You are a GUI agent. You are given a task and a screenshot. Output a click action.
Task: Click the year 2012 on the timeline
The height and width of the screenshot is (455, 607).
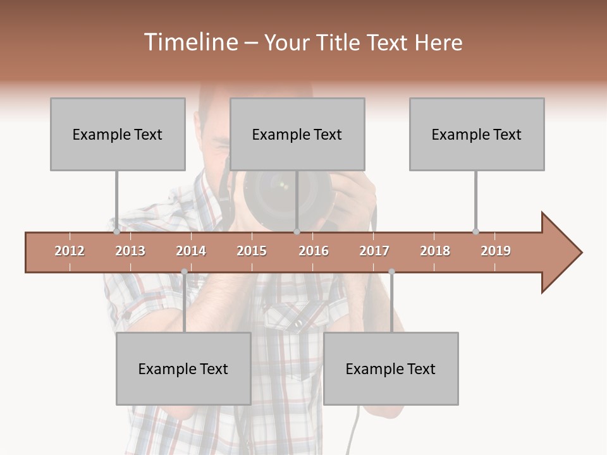[x=70, y=251]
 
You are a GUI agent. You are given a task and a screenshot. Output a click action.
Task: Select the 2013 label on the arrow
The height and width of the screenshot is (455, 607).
[x=130, y=251]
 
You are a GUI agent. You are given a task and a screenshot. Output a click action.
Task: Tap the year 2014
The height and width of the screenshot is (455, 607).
[x=191, y=251]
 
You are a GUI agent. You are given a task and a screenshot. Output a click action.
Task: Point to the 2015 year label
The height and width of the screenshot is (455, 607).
[x=252, y=251]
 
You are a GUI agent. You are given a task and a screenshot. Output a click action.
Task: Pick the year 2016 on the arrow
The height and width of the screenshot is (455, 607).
[x=314, y=251]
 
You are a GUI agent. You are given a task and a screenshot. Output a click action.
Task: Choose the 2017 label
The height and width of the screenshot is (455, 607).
[x=374, y=251]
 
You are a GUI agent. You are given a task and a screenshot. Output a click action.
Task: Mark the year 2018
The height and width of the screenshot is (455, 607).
[x=435, y=251]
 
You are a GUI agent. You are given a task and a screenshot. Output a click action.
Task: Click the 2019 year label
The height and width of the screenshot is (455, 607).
[x=496, y=251]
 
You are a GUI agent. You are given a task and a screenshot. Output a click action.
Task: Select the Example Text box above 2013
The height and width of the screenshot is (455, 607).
[x=118, y=134]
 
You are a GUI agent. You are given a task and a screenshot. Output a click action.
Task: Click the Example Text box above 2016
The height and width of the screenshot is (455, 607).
[x=297, y=134]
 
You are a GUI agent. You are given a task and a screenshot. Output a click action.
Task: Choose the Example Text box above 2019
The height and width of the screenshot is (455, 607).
[x=477, y=134]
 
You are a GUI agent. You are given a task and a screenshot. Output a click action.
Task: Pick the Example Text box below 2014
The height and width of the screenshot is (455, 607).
[x=183, y=368]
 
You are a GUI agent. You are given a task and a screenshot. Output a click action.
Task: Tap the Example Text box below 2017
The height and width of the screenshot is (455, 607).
[x=391, y=368]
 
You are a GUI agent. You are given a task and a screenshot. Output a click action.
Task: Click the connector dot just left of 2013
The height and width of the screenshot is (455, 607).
[x=116, y=232]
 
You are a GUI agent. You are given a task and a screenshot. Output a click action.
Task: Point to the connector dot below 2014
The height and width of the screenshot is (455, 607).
[x=184, y=272]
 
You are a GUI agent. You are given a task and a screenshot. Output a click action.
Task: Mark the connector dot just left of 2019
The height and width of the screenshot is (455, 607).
[x=475, y=232]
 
